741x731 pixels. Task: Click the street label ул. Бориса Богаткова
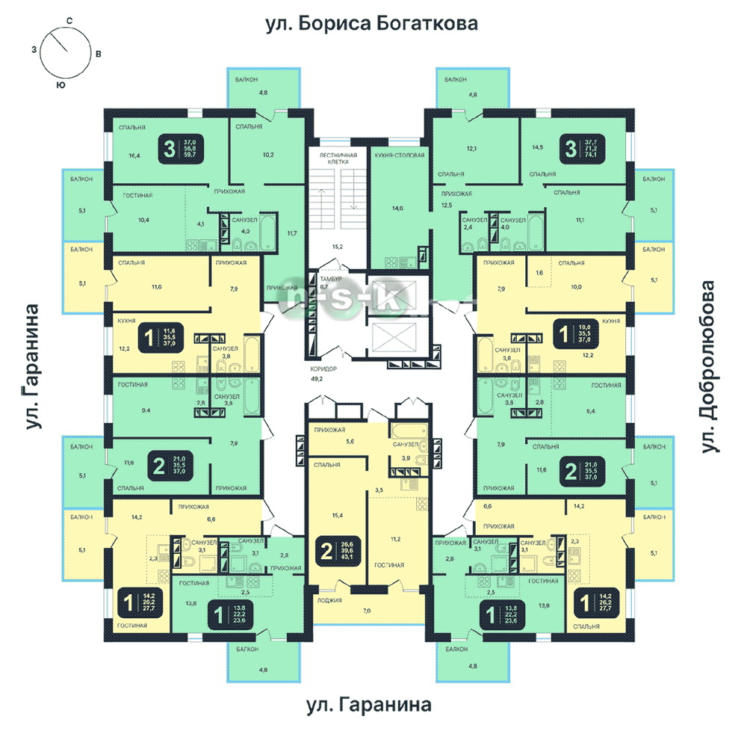tap(372, 25)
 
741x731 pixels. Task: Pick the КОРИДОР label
tap(326, 369)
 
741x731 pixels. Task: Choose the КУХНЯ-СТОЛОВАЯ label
tap(400, 155)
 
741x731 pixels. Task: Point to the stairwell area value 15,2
tap(337, 245)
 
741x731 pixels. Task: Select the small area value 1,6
tap(539, 274)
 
